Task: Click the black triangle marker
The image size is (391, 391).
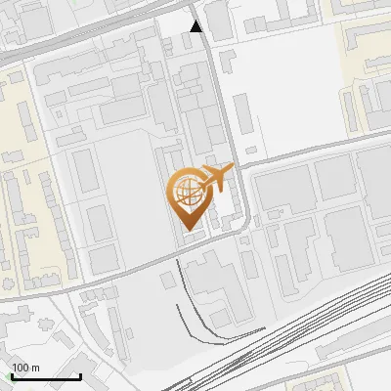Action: [x=196, y=26]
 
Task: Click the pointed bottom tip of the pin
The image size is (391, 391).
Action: [x=190, y=232]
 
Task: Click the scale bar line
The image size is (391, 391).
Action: [x=45, y=377]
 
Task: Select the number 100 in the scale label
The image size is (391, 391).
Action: [x=20, y=368]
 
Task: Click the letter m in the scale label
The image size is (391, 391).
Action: [x=34, y=368]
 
